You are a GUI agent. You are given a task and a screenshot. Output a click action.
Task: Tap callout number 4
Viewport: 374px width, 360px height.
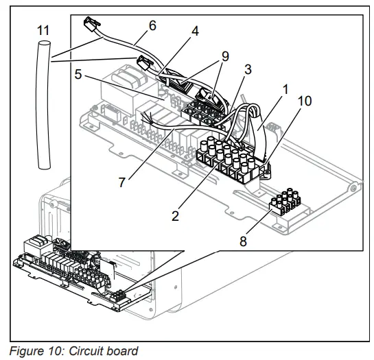pos(195,32)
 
